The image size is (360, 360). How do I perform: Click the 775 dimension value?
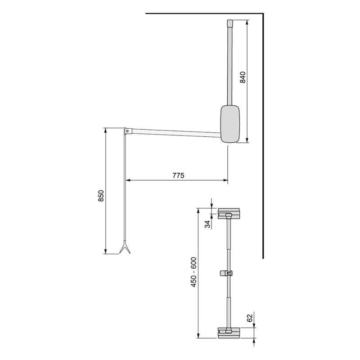click(178, 175)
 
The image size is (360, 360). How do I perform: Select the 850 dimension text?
click(101, 197)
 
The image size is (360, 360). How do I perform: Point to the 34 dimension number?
click(207, 224)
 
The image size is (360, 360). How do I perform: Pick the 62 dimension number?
click(250, 317)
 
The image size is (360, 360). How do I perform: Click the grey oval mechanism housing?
click(231, 124)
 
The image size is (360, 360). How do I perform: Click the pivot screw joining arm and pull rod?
click(127, 131)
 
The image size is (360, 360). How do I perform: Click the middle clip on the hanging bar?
click(229, 273)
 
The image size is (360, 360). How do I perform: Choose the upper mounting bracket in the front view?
click(229, 213)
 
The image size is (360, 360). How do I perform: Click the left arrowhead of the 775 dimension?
click(127, 181)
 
